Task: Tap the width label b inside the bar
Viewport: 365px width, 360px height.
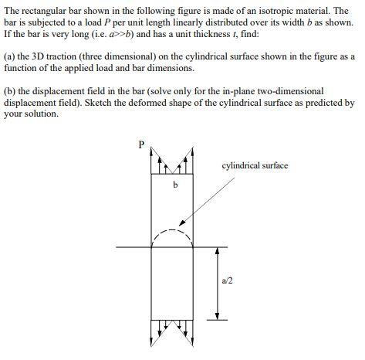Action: pyautogui.click(x=174, y=186)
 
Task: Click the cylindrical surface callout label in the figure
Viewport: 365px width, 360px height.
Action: pyautogui.click(x=255, y=165)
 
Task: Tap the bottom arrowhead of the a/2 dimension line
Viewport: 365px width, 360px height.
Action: pyautogui.click(x=218, y=316)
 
